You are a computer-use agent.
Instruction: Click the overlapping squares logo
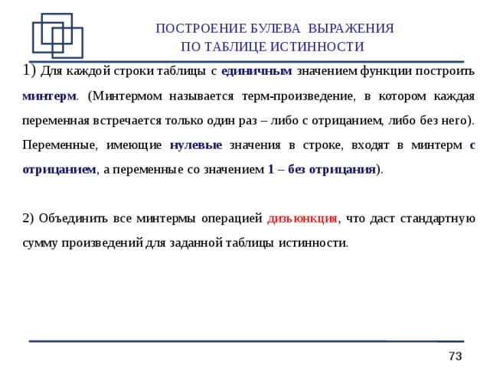[57, 35]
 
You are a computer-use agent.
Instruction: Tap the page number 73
[456, 356]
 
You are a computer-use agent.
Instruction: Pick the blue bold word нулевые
[196, 145]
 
